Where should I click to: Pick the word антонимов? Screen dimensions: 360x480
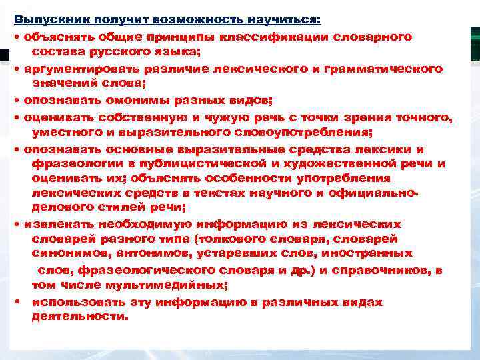(x=130, y=253)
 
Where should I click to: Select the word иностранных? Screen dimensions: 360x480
(x=369, y=253)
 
